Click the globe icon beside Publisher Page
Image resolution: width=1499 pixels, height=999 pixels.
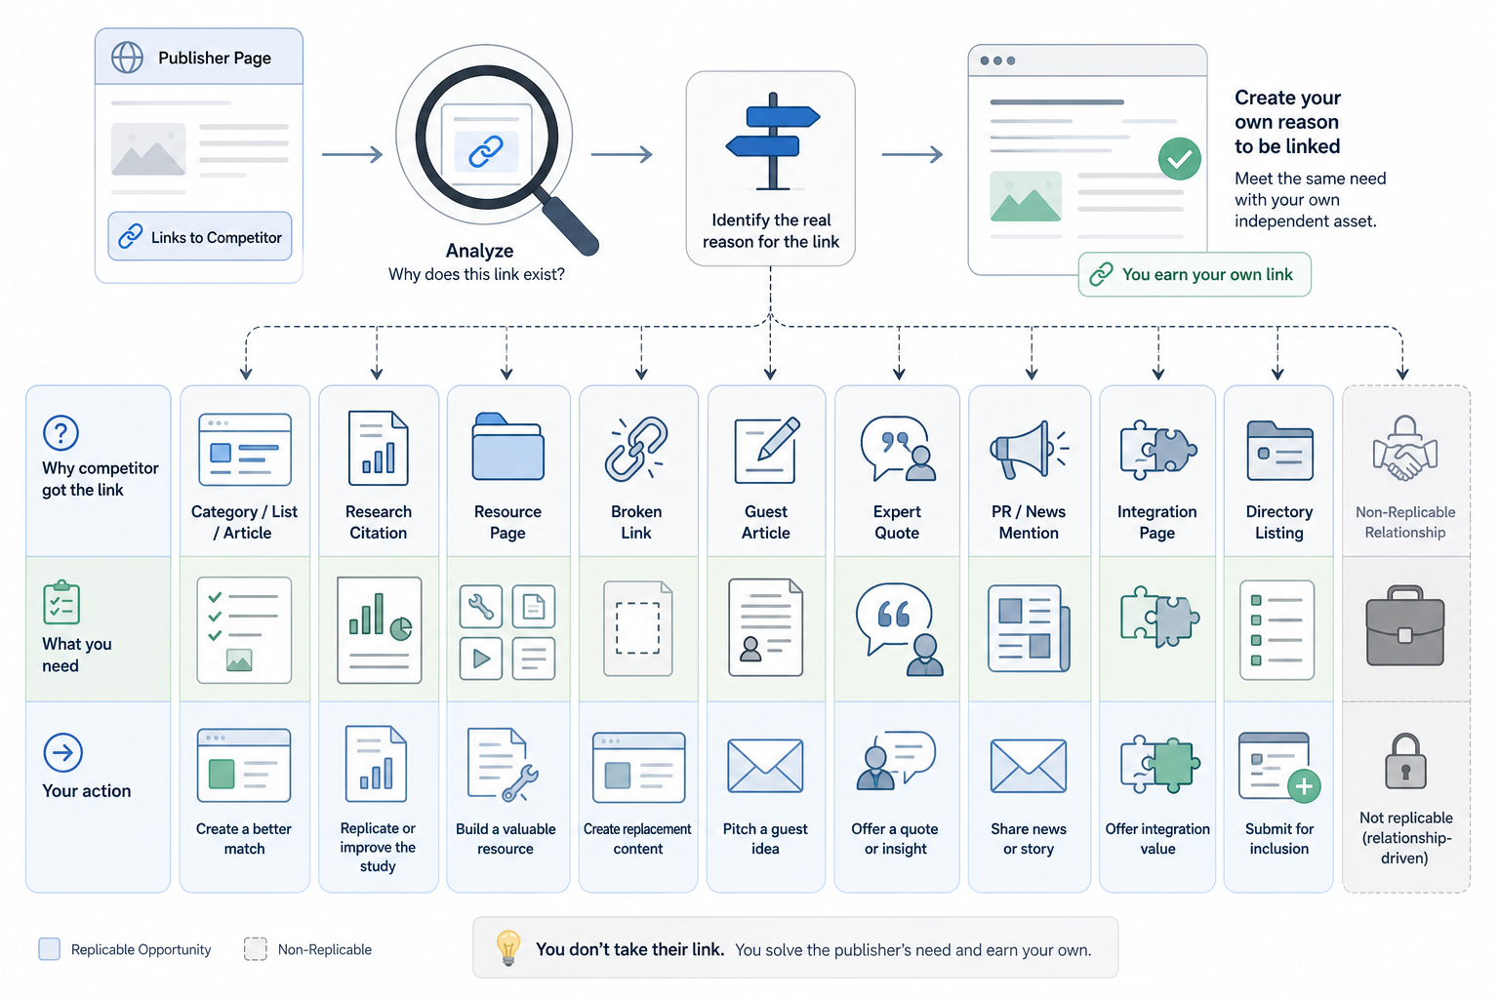tap(127, 58)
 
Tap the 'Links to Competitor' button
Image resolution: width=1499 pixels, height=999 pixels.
tap(200, 236)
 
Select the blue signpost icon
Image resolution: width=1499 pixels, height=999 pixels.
tap(773, 141)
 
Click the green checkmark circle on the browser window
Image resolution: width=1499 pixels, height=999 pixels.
tap(1179, 159)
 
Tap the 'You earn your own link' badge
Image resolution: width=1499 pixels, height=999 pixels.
tap(1195, 274)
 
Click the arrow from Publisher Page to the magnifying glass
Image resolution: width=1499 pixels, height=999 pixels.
tap(352, 154)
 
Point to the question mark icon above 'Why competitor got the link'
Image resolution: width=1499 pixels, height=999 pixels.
tap(61, 433)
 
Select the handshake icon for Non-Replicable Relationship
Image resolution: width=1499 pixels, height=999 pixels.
tap(1404, 449)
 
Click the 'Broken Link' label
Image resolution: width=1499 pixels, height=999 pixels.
tap(636, 522)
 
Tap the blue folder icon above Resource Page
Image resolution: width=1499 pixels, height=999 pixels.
tap(507, 446)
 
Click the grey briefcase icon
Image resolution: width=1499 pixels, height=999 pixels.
tap(1404, 625)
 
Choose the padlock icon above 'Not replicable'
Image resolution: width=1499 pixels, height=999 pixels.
tap(1405, 762)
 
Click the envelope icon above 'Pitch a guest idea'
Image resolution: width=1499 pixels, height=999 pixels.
tap(765, 766)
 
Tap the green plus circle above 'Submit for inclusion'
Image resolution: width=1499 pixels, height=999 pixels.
tap(1304, 786)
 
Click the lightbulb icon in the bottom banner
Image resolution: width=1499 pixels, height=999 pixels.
tap(507, 947)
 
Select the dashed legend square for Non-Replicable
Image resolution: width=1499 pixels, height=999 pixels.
tap(255, 949)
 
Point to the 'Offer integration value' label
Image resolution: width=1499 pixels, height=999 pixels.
tap(1157, 838)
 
